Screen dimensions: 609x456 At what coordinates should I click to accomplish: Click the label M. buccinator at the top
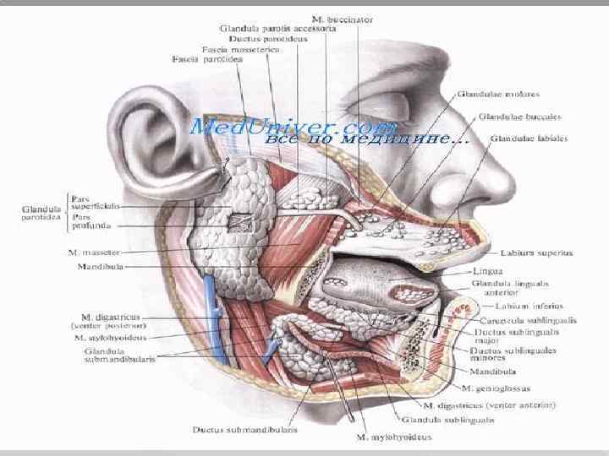[x=343, y=18]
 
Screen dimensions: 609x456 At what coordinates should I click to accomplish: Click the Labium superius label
[x=536, y=252]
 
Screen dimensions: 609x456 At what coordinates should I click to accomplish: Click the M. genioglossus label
[x=496, y=388]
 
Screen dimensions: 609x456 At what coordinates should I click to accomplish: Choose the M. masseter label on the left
[x=92, y=252]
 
